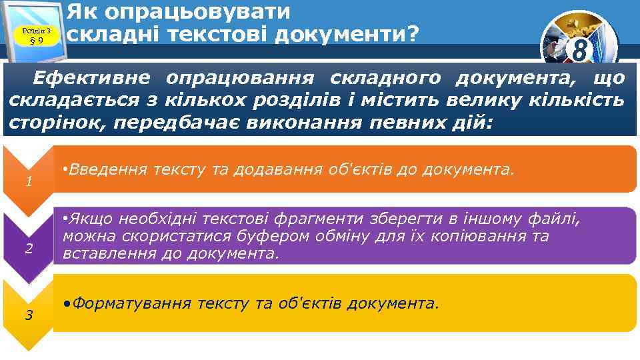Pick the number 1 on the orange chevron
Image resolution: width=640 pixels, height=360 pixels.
click(28, 181)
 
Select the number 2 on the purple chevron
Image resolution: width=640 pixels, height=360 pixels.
click(28, 249)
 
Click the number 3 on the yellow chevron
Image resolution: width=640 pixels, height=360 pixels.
click(28, 315)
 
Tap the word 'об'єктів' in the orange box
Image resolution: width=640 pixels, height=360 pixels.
click(361, 169)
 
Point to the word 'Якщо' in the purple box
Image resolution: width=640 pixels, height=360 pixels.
click(92, 219)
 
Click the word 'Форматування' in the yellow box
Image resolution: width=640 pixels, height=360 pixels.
click(130, 303)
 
